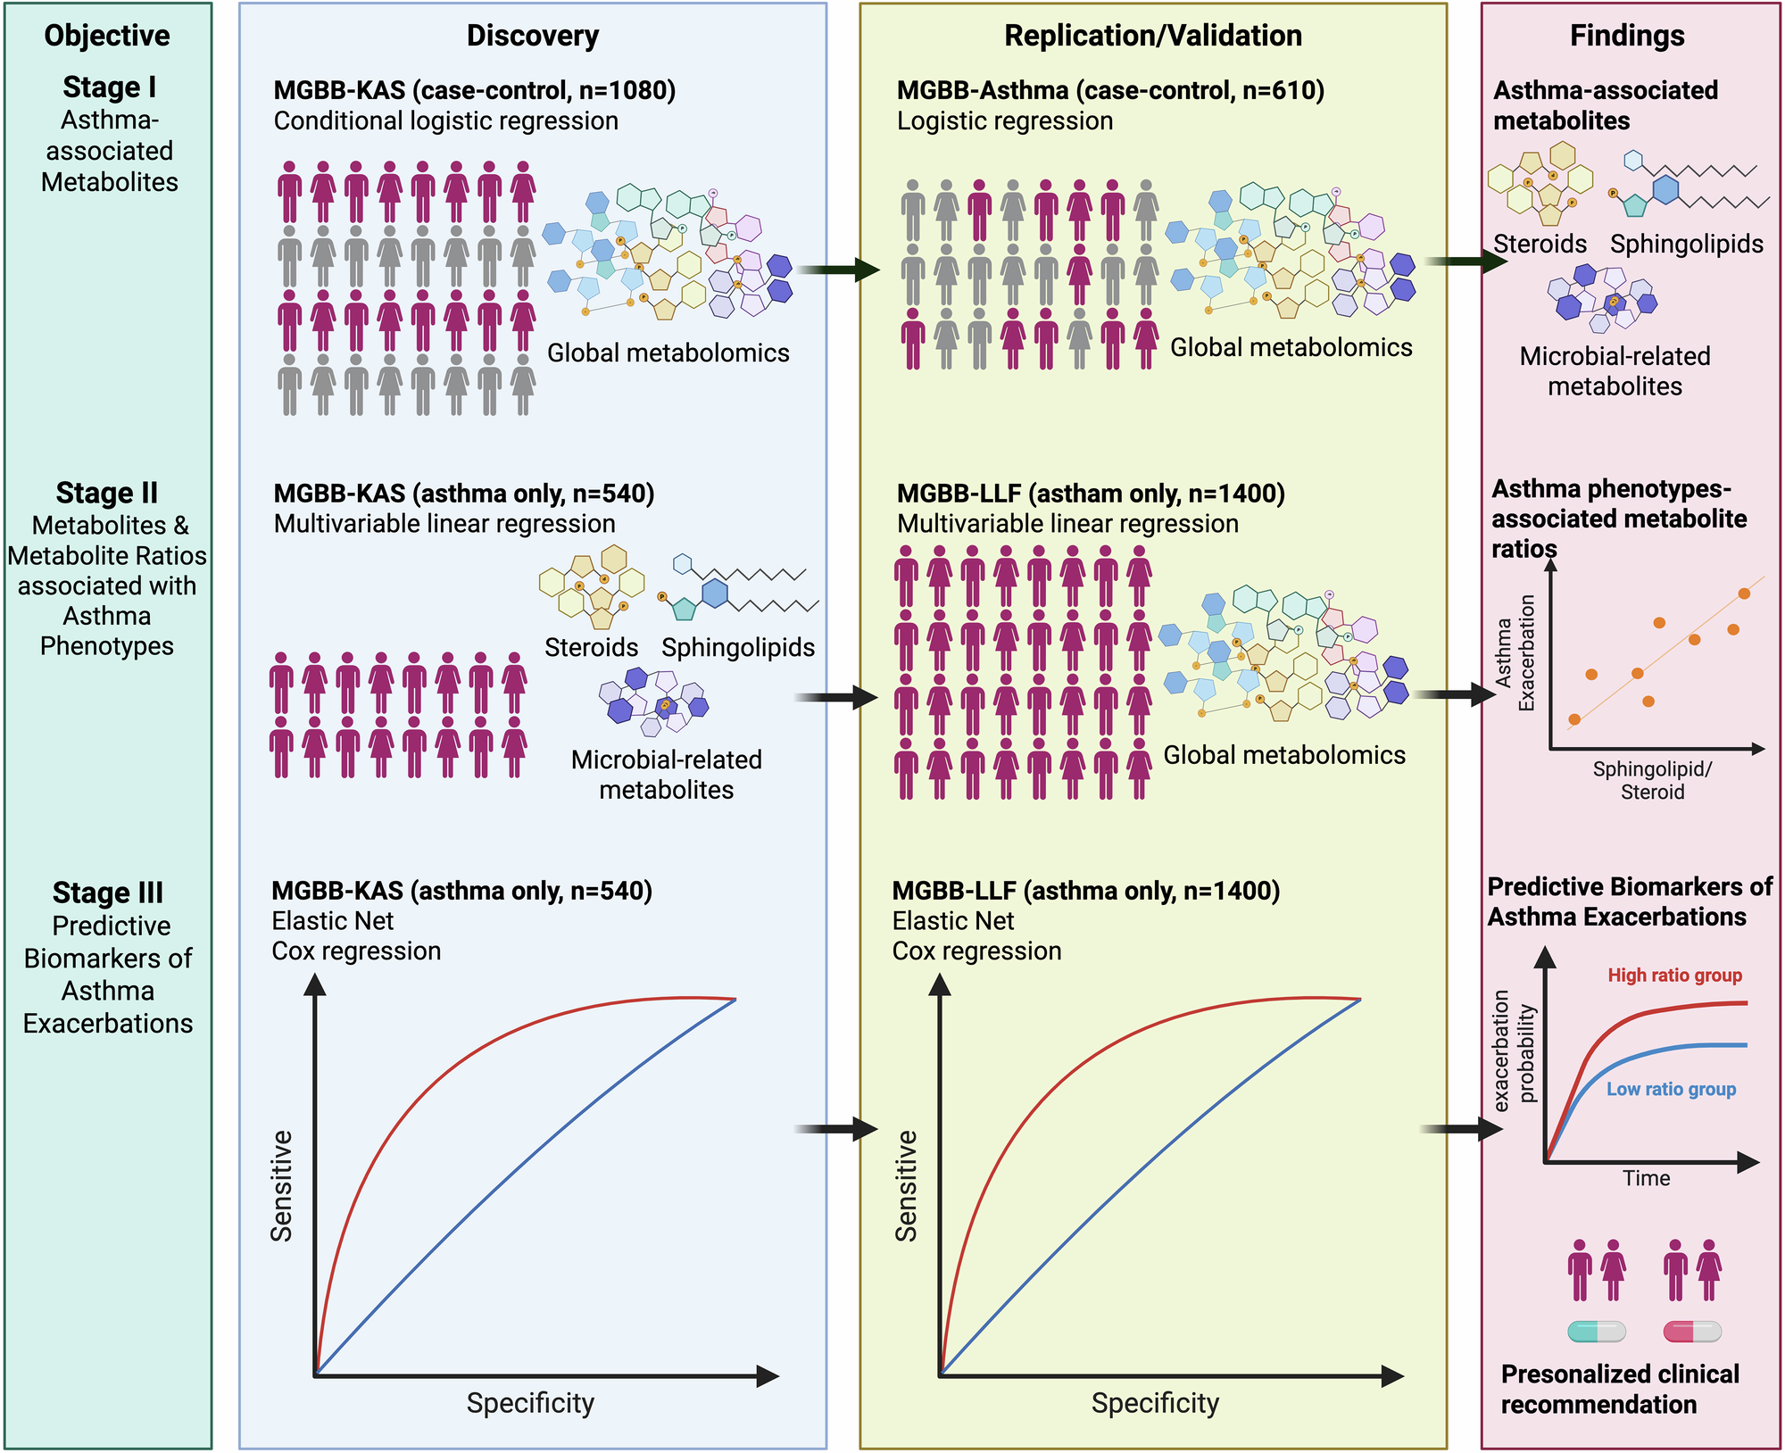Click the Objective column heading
(107, 36)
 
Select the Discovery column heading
(533, 36)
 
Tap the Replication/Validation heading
(1153, 36)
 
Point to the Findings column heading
(1627, 36)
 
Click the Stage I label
(109, 87)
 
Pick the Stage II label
(107, 493)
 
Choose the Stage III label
(108, 893)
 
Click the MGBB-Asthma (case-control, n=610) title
(1110, 90)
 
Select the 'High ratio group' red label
(1674, 976)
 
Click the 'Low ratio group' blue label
(1671, 1089)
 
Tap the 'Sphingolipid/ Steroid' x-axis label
(1652, 780)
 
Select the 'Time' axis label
(1646, 1178)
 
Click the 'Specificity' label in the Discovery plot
(530, 1403)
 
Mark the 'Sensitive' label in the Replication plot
(907, 1186)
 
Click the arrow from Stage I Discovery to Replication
(840, 269)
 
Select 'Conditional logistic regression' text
(445, 121)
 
